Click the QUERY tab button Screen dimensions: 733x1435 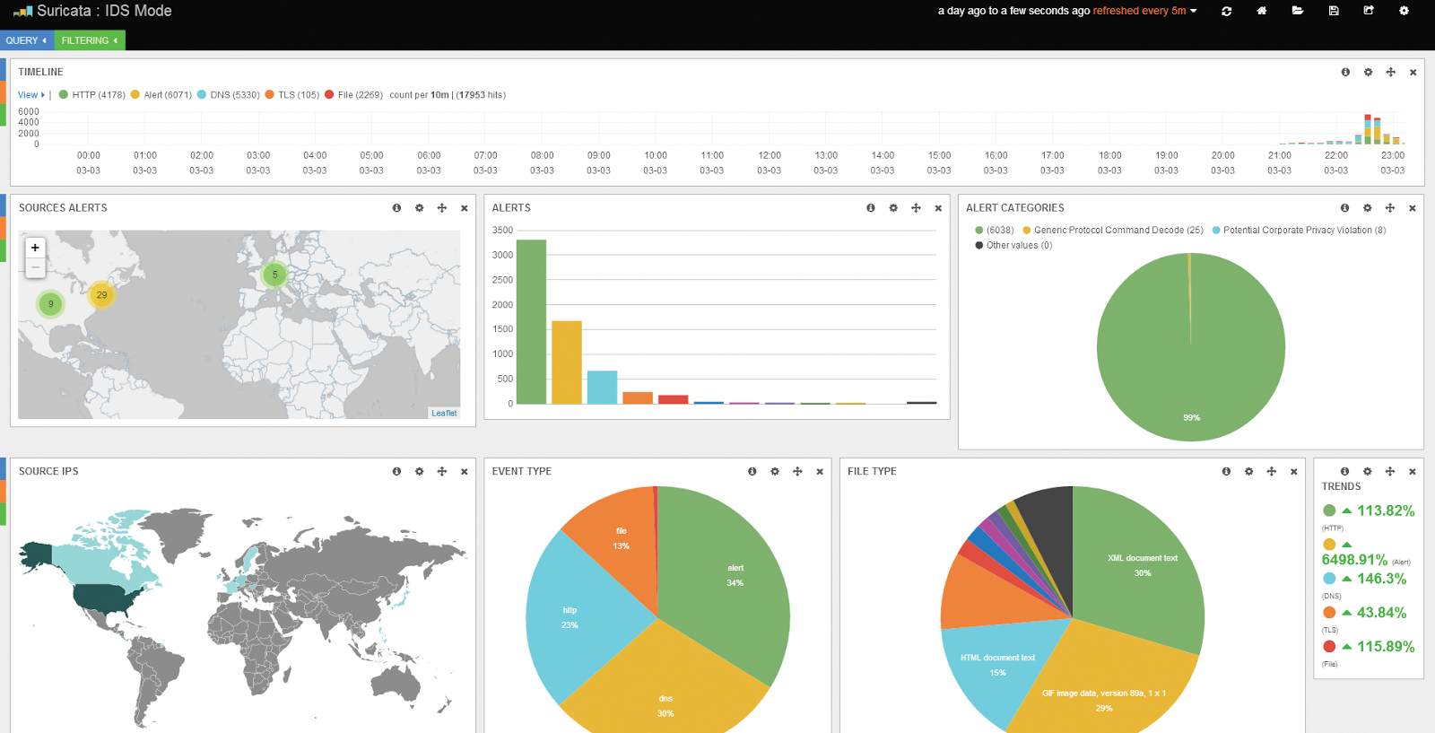(x=25, y=40)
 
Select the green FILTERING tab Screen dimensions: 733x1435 (x=89, y=40)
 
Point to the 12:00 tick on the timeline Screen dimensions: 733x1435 (x=769, y=155)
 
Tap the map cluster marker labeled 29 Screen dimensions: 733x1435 (x=101, y=294)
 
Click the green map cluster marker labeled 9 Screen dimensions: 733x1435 (x=51, y=304)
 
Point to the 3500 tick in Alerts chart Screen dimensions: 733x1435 (x=502, y=231)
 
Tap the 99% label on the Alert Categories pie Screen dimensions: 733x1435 (x=1191, y=418)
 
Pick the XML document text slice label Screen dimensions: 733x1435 (x=1142, y=558)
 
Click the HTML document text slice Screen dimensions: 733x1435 (x=997, y=665)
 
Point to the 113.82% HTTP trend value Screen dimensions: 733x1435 (x=1385, y=510)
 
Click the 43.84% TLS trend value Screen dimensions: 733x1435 (x=1381, y=613)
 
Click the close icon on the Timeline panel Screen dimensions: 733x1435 (x=1413, y=73)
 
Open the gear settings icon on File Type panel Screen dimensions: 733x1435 (x=1248, y=472)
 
